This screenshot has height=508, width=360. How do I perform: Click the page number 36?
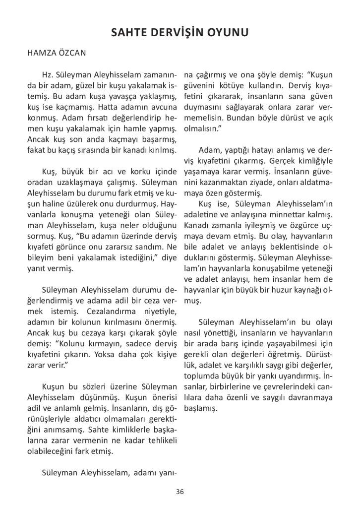click(180, 492)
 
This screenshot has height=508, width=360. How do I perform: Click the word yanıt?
click(37, 269)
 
